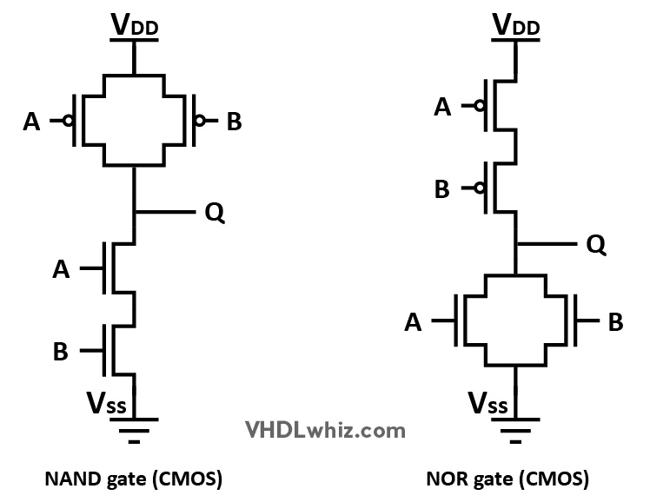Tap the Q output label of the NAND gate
(x=215, y=212)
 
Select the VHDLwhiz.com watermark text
(x=323, y=428)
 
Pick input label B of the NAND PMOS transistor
(x=234, y=122)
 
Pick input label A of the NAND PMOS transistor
(x=32, y=122)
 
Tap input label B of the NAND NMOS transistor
(x=61, y=351)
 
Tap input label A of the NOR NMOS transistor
(x=415, y=323)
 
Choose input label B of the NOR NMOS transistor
(x=615, y=323)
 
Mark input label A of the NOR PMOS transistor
(x=442, y=106)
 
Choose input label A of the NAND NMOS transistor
(x=61, y=269)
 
